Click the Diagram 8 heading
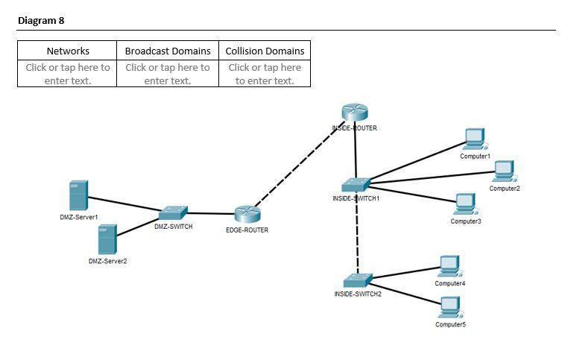42,20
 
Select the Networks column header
68,51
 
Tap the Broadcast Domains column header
168,51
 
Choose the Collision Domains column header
265,51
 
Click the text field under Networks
68,73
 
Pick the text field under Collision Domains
265,73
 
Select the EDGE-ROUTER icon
247,215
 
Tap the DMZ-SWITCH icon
173,212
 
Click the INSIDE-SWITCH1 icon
356,185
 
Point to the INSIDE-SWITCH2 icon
357,280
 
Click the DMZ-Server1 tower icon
78,195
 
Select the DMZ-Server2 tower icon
107,239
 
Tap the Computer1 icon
475,139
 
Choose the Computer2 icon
505,171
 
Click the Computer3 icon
465,203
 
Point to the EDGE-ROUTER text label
247,230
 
